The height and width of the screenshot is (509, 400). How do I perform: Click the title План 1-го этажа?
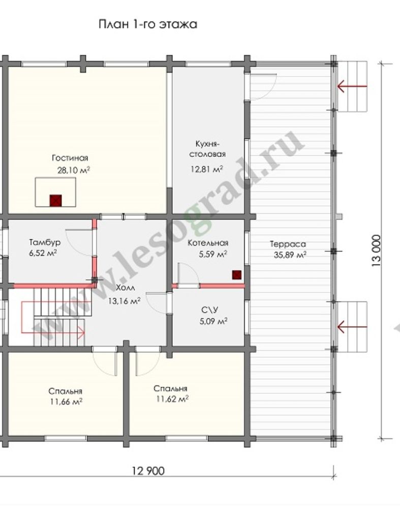(148, 24)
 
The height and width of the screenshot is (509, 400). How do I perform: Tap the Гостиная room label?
(70, 158)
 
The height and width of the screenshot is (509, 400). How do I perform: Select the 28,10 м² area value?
(74, 170)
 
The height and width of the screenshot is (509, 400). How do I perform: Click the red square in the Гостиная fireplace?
(55, 201)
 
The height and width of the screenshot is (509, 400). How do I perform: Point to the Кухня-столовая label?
(207, 149)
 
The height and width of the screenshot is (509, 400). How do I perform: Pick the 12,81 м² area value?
(206, 169)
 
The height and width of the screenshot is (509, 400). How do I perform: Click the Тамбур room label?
(45, 242)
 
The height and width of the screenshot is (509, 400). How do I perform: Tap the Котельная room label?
(208, 243)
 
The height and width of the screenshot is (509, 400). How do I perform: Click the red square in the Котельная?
(237, 275)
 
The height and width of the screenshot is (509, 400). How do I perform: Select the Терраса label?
(288, 244)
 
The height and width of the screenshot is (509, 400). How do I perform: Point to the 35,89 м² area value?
(290, 255)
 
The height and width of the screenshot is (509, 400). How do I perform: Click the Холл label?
(126, 288)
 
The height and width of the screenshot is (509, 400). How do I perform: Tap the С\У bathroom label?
(210, 310)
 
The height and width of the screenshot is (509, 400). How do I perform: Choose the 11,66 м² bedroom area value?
(66, 402)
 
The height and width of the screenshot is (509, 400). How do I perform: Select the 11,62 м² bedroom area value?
(172, 399)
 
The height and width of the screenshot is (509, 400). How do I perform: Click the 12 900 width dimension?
(148, 471)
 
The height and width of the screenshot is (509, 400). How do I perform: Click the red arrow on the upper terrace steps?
(352, 87)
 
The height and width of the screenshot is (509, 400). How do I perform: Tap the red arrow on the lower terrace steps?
(352, 327)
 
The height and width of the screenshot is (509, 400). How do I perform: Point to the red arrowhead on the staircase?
(81, 332)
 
